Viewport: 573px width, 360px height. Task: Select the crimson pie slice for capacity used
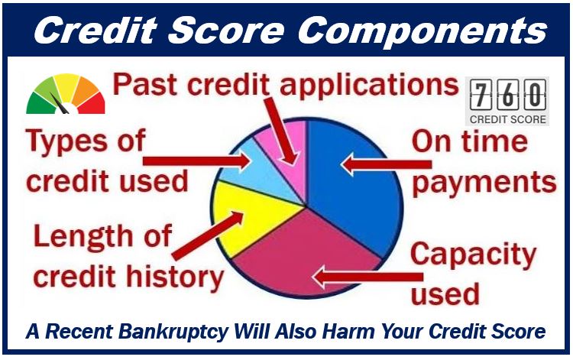[x=307, y=256]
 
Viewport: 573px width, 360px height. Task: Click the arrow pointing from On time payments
[x=386, y=164]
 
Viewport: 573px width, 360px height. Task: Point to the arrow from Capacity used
[x=368, y=277]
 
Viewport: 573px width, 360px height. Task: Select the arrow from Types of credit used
[x=196, y=161]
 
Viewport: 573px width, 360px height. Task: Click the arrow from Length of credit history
[x=208, y=235]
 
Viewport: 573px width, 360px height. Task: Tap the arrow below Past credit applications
[x=280, y=131]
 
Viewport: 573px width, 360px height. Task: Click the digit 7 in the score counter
[x=481, y=95]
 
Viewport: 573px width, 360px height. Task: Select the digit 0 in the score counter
[x=535, y=95]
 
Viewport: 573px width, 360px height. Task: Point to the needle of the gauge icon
[x=59, y=102]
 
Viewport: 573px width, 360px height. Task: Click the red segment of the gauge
[x=92, y=104]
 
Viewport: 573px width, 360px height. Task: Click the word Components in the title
[x=422, y=31]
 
